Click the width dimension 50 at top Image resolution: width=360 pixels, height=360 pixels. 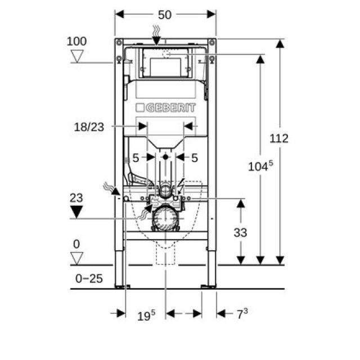pyautogui.click(x=164, y=15)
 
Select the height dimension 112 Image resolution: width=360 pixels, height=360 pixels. pyautogui.click(x=278, y=138)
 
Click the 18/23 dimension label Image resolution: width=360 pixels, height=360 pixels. pyautogui.click(x=89, y=127)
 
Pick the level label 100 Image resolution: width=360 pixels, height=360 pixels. pyautogui.click(x=76, y=41)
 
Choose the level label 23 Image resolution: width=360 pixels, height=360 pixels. pyautogui.click(x=76, y=198)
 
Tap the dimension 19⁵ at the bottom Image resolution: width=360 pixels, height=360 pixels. pyautogui.click(x=146, y=316)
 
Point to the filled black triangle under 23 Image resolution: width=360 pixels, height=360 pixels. pyautogui.click(x=77, y=212)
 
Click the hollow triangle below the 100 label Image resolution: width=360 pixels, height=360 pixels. pyautogui.click(x=77, y=56)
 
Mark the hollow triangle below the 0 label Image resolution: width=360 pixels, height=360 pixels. pyautogui.click(x=77, y=258)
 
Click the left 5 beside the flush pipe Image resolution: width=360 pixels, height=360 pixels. pyautogui.click(x=136, y=158)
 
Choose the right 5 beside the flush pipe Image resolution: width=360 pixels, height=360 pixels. pyautogui.click(x=195, y=158)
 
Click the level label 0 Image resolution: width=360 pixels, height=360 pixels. pyautogui.click(x=76, y=244)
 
